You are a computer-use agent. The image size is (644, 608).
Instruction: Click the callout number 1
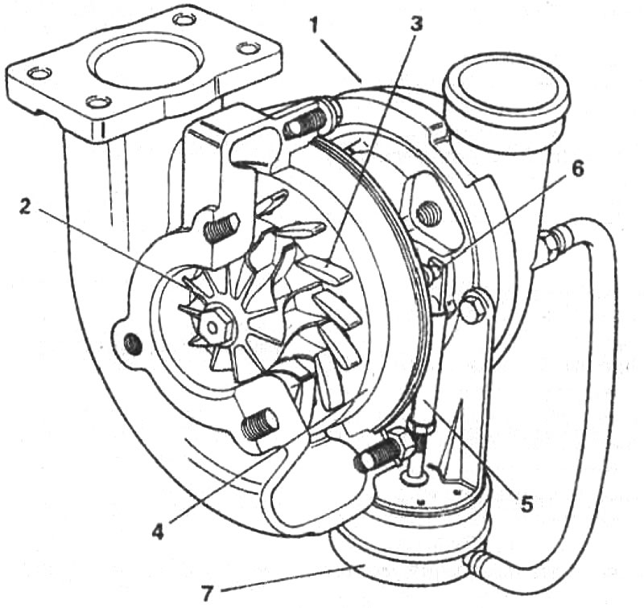pos(314,27)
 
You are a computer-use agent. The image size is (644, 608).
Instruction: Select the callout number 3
pos(415,25)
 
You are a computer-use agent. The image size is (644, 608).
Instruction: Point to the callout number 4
pos(159,532)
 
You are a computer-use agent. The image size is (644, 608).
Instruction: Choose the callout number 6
pos(577,170)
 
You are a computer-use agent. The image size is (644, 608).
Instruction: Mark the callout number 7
pos(208,593)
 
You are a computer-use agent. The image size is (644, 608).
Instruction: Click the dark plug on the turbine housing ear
pos(133,343)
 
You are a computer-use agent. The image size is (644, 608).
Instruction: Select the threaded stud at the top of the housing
pos(306,122)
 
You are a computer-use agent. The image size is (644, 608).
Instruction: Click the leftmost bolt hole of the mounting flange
pos(39,73)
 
